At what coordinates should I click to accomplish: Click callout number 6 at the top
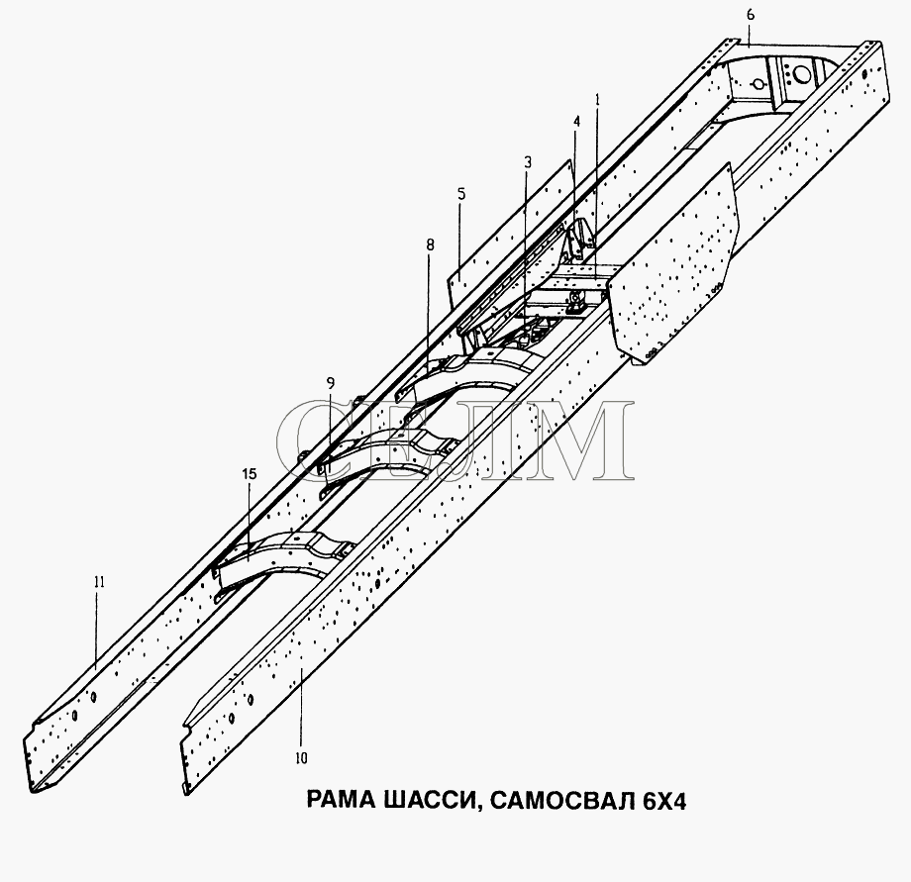coord(751,15)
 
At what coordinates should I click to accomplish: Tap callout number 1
coord(597,100)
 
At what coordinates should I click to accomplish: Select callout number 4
coord(577,122)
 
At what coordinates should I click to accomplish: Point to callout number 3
coord(528,163)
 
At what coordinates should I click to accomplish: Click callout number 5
coord(461,194)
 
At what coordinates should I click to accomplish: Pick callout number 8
coord(430,245)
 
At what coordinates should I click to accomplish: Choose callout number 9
coord(331,383)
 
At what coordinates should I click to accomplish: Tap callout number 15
coord(250,474)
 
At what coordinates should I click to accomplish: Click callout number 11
coord(99,582)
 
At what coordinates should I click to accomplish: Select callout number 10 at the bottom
coord(301,758)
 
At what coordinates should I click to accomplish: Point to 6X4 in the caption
coord(664,801)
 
